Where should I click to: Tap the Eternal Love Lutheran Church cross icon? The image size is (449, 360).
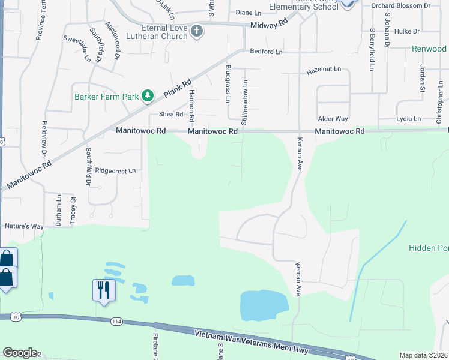pos(197,31)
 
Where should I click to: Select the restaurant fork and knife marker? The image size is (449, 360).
pos(103,290)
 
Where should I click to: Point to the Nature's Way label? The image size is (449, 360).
pos(25,226)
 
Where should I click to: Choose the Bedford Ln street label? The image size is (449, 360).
pos(266,52)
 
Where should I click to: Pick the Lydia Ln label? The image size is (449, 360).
pos(408,119)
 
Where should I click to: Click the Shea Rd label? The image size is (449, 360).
pos(170,115)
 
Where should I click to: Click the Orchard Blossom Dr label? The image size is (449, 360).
pos(409,6)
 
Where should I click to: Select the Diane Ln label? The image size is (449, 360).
pos(249,12)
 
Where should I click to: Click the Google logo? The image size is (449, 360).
pos(20,353)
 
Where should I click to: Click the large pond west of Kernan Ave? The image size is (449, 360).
pos(264,305)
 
